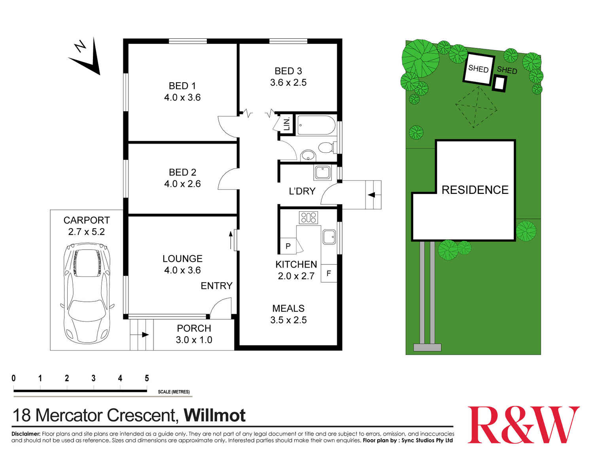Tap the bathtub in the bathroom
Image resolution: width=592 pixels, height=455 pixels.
(x=316, y=125)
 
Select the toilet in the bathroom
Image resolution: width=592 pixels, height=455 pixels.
(x=326, y=148)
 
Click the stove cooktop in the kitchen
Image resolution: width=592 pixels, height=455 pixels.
(x=308, y=217)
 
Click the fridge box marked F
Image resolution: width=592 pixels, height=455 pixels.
(x=329, y=273)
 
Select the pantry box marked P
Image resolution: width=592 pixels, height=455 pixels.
(x=288, y=246)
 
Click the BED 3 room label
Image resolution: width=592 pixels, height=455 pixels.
(x=288, y=71)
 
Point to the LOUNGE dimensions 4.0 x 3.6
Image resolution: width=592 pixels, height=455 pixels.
(x=182, y=270)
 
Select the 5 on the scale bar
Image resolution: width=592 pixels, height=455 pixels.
(x=147, y=378)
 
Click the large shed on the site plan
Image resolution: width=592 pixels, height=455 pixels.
(x=479, y=69)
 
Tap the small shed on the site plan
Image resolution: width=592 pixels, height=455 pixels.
(x=500, y=83)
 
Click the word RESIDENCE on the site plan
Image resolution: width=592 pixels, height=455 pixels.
(x=475, y=190)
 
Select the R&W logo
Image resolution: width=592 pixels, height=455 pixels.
(x=524, y=425)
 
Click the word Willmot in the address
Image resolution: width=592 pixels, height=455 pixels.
(x=215, y=415)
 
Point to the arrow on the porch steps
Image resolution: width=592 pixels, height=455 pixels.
(x=145, y=335)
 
